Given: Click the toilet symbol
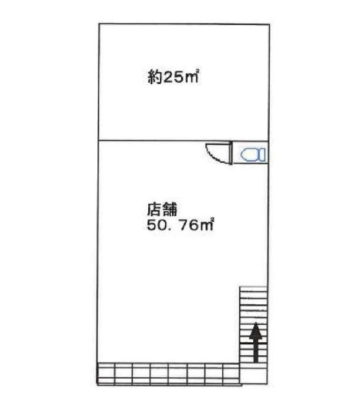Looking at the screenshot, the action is click(253, 155).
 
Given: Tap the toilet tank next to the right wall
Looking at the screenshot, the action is click(262, 155).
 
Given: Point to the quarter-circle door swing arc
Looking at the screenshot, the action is click(215, 154).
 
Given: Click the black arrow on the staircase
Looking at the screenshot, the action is click(256, 342).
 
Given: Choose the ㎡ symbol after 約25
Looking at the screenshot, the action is click(192, 76).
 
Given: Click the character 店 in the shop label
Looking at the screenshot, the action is click(154, 210).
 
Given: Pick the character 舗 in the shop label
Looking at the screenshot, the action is click(170, 210).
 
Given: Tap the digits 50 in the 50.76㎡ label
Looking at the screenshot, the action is click(157, 225).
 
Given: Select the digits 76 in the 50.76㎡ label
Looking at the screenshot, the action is click(189, 225).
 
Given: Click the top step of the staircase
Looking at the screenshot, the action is click(253, 289).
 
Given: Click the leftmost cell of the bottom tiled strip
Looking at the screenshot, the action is click(106, 373).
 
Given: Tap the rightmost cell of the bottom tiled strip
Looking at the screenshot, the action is click(231, 373).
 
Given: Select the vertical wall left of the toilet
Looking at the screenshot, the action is click(232, 152).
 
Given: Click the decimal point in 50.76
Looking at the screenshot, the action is click(171, 229).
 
